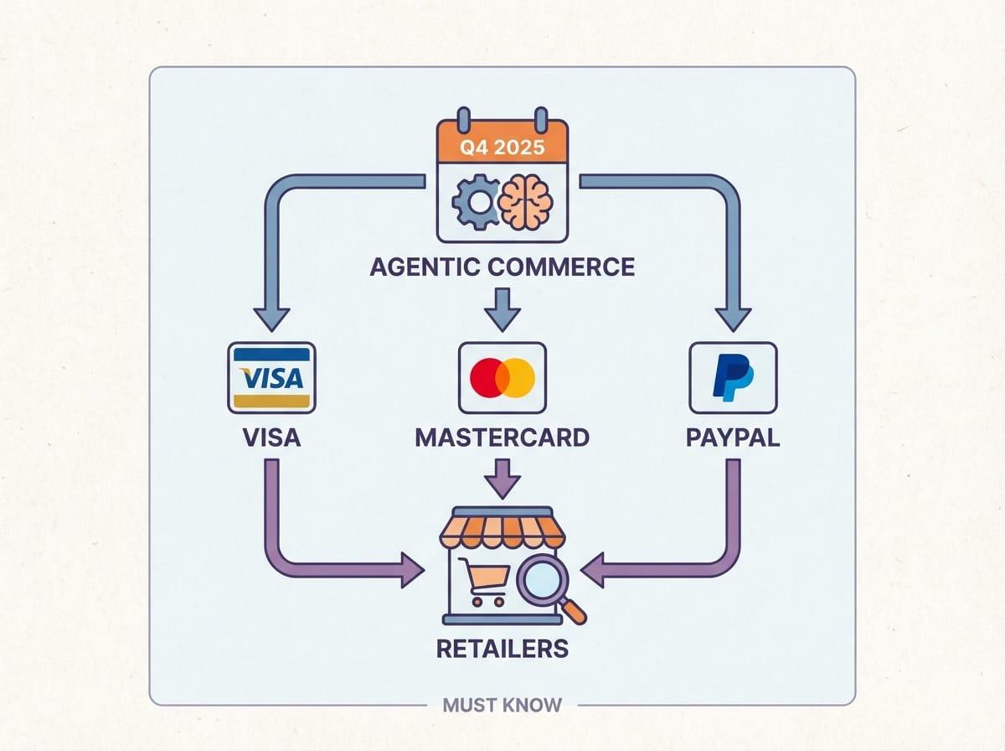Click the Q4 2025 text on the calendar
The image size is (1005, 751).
502,148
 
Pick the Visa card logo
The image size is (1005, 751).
271,377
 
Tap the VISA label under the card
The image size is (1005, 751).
271,438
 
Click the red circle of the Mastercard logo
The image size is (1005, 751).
488,377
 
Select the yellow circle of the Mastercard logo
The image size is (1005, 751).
518,377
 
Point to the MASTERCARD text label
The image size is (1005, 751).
502,438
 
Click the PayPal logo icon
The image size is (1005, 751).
732,377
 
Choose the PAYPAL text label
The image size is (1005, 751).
732,438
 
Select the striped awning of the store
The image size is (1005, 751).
502,530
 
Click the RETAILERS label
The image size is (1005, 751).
502,648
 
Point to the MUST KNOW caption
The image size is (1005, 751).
502,705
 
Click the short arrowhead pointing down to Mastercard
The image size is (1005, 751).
502,317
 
